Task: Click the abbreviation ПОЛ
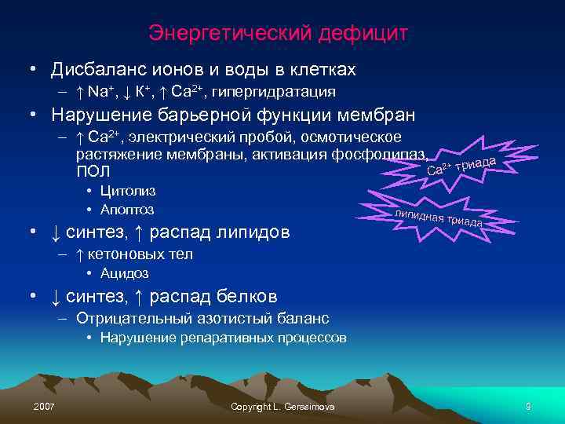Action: tap(93, 170)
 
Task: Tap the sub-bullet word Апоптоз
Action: tap(127, 210)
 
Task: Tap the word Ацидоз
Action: tap(124, 273)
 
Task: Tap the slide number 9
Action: tap(529, 406)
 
